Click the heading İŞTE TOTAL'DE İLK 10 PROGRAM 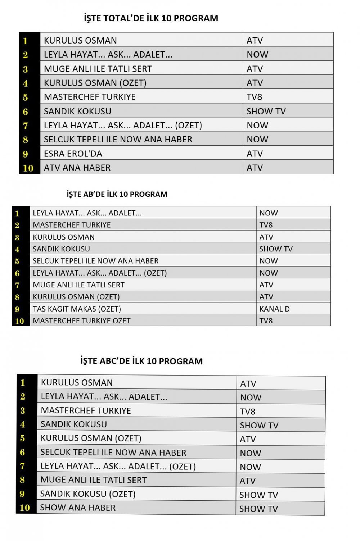click(x=151, y=18)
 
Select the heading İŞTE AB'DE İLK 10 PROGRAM click(x=117, y=194)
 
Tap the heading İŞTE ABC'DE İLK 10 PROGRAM click(x=141, y=361)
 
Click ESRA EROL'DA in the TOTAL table click(x=73, y=154)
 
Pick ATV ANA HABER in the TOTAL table click(x=77, y=168)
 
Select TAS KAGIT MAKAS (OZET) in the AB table click(x=77, y=309)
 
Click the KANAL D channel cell click(x=275, y=309)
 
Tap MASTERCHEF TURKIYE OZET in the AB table click(x=81, y=321)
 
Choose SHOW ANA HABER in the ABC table click(x=78, y=508)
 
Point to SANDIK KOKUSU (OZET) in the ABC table click(x=88, y=494)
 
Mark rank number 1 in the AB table click(x=17, y=213)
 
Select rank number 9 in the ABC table click(x=22, y=494)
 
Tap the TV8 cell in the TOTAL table click(x=254, y=97)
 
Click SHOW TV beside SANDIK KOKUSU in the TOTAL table click(x=266, y=112)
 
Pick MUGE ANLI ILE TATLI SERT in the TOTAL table click(x=98, y=69)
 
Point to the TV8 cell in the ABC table click(x=248, y=412)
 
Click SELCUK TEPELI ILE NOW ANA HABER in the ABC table click(x=113, y=453)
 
